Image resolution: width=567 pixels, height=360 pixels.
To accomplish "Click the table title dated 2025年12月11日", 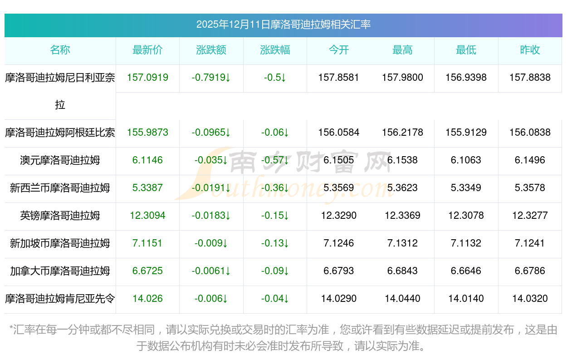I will pos(283,25).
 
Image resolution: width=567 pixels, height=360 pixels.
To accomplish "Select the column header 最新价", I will pos(147,50).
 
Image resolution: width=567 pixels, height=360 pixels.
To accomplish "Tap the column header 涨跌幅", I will pos(275,50).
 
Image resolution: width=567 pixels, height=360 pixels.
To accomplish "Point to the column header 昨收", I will pos(530,50).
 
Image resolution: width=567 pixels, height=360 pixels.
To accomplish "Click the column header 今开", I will pos(339,50).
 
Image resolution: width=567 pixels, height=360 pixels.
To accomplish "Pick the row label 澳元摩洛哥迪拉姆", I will pos(60,160).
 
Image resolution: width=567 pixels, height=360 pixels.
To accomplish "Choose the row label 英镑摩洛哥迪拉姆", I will pos(60,216).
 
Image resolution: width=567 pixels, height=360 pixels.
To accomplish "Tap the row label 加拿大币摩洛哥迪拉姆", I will pos(60,271).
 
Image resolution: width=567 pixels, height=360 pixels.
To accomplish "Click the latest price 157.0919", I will pos(147,78).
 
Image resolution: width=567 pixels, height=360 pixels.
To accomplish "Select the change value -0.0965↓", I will pos(211,133).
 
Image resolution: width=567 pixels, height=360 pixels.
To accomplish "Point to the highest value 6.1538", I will pos(402,160).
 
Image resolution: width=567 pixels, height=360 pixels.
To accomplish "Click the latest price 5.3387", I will pos(147,188).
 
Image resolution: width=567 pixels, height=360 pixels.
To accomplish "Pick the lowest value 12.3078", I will pos(466,216).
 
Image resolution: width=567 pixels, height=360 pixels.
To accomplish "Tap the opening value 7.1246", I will pos(339,243).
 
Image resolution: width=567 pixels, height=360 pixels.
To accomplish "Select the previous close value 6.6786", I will pos(530,271).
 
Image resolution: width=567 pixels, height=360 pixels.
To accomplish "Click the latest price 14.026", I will pos(147,299).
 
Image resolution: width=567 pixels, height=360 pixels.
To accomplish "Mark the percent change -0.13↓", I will pos(275,243).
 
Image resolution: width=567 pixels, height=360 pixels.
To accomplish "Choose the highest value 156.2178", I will pos(402,133).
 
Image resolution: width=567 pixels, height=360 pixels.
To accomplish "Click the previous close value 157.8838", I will pos(530,78).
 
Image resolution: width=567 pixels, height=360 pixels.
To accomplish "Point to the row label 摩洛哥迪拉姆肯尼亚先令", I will pos(60,299).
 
